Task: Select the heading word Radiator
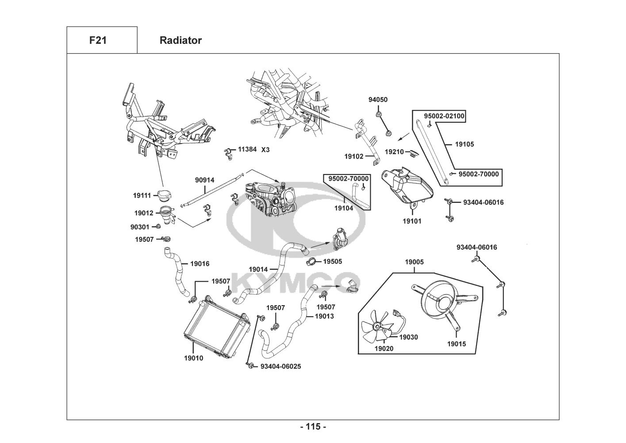click(x=181, y=40)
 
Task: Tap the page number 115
click(x=313, y=427)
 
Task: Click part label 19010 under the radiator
click(x=194, y=358)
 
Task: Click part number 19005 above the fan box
click(x=414, y=262)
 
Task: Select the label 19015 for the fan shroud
click(x=456, y=344)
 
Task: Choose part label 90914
click(x=204, y=180)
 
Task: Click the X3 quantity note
click(x=265, y=150)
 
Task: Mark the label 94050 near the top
click(x=378, y=100)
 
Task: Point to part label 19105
click(x=464, y=144)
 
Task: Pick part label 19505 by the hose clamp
click(x=332, y=261)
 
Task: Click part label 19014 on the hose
click(x=258, y=269)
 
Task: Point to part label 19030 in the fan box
click(x=408, y=337)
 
